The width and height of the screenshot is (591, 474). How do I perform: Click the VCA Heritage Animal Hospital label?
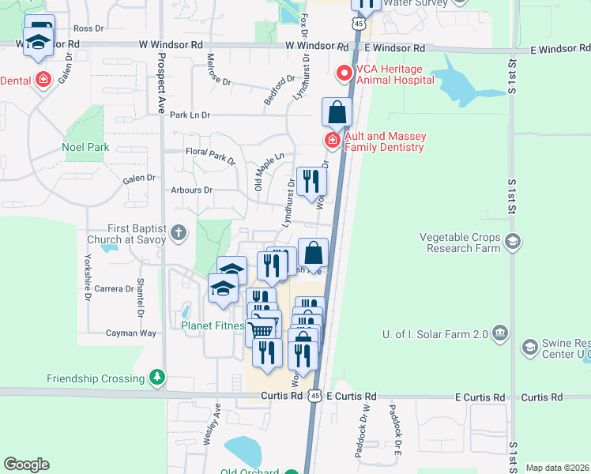point(394,74)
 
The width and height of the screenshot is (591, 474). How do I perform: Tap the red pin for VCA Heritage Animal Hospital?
point(344,74)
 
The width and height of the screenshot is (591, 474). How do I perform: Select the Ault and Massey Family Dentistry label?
point(384,141)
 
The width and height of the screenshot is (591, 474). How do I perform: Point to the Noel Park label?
point(85,147)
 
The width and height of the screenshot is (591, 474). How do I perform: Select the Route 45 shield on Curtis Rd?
point(315,395)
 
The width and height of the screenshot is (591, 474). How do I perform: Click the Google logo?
point(26,465)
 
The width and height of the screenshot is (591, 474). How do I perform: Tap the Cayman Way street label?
point(115,333)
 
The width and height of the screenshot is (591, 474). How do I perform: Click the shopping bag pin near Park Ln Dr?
point(337,113)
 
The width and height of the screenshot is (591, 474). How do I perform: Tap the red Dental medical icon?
point(42,81)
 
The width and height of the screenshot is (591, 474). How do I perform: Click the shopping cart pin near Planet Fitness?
point(263,327)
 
